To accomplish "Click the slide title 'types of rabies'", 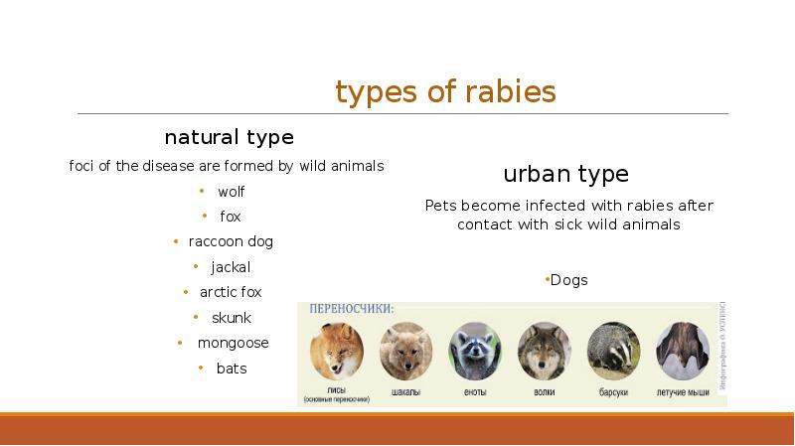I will [x=445, y=92].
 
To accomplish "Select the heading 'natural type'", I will [x=229, y=136].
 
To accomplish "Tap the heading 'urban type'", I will [x=565, y=175].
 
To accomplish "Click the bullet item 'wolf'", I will [x=231, y=192].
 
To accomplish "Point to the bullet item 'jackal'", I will [x=231, y=267].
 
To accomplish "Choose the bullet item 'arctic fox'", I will [x=231, y=292].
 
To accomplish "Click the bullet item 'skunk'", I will [x=231, y=318].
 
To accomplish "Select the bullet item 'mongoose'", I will [x=233, y=343].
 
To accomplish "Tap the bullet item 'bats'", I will [x=232, y=369].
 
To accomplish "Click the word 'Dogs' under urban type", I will [x=568, y=280].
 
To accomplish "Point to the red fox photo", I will [x=336, y=349].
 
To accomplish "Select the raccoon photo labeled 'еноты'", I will [x=473, y=349].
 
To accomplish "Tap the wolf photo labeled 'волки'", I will [x=544, y=349].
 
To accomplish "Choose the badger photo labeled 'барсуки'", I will [x=613, y=349].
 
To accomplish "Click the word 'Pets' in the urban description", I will [x=440, y=206].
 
